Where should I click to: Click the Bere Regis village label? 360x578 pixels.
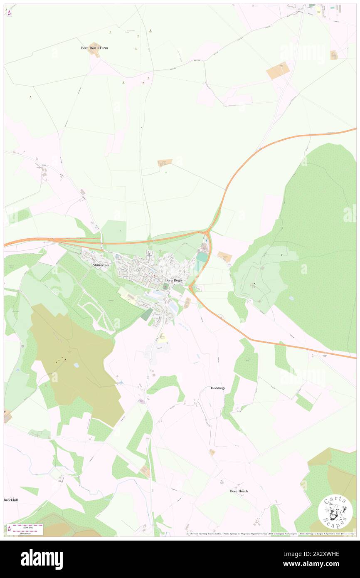[x=173, y=280]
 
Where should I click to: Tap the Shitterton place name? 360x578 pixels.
[x=101, y=265]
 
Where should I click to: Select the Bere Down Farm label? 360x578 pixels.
[x=94, y=48]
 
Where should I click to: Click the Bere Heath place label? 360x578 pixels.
[x=239, y=491]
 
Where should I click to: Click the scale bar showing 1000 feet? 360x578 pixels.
[x=25, y=526]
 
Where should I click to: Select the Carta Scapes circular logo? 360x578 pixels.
[x=335, y=511]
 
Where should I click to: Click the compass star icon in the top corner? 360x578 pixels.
[x=9, y=12]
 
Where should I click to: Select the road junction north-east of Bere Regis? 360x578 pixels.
[x=207, y=231]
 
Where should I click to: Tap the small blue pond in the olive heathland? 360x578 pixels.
[x=76, y=365]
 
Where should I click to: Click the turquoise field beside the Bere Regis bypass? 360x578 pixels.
[x=202, y=257]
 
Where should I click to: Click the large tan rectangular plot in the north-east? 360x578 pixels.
[x=278, y=71]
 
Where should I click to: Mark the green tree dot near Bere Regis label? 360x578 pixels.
[x=166, y=286]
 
